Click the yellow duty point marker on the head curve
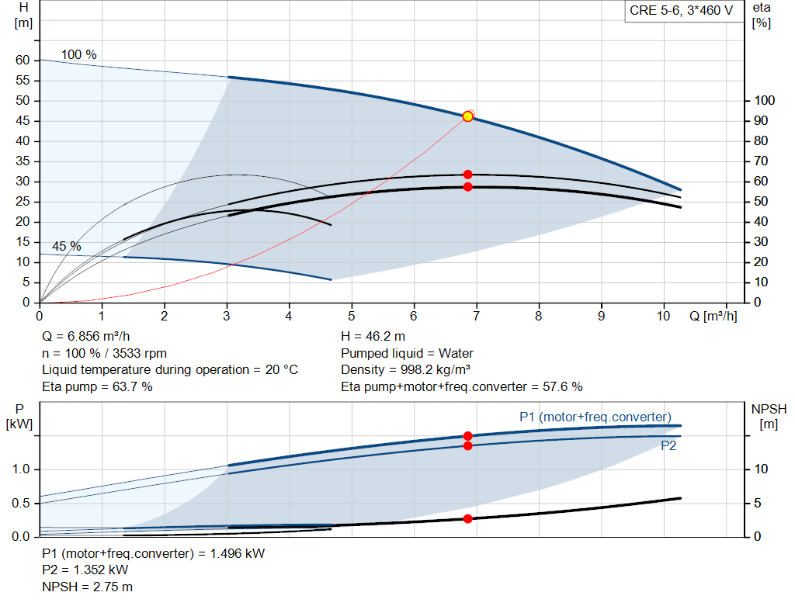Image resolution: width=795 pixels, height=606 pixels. [467, 116]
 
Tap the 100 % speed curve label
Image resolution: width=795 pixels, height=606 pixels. [79, 54]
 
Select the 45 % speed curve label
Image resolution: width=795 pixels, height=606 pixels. [66, 246]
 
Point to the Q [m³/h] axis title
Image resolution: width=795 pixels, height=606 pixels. [713, 316]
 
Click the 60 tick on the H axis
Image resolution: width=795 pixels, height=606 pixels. [23, 61]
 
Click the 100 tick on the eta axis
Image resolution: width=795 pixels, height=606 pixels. [764, 101]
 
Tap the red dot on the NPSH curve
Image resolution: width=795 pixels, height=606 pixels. [467, 518]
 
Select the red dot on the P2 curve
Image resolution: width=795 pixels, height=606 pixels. [467, 445]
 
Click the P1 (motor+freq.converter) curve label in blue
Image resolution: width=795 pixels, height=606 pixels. [595, 417]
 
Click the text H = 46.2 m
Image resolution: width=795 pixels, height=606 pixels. [373, 336]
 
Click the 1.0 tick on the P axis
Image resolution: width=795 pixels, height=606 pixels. [21, 469]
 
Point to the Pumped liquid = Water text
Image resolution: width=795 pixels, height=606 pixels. [407, 353]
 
